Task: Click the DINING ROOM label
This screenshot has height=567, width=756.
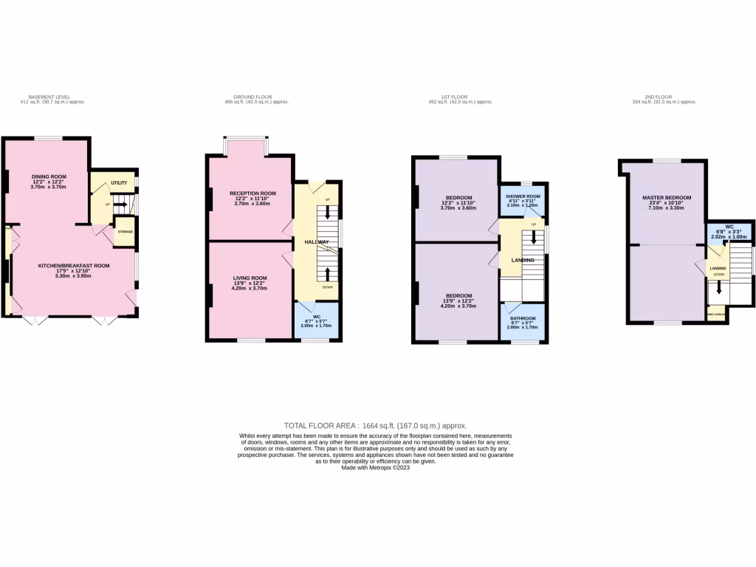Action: [x=49, y=176]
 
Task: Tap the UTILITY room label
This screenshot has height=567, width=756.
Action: [x=119, y=182]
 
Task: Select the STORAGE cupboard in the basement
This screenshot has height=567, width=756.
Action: [x=124, y=232]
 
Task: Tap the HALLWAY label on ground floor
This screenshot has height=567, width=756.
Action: [x=317, y=241]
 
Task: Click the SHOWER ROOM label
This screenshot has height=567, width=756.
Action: [x=523, y=196]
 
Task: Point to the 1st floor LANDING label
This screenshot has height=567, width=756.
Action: [x=524, y=260]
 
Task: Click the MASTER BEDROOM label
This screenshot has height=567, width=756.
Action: [x=667, y=198]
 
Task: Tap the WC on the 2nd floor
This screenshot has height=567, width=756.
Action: [x=729, y=227]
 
